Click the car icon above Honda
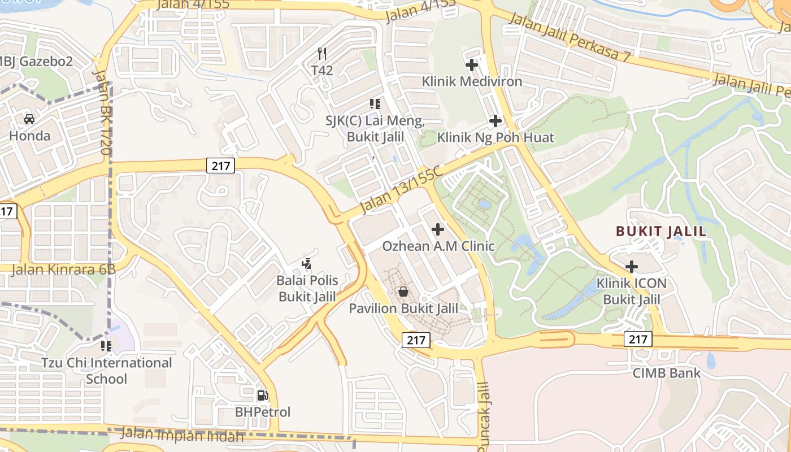click(29, 119)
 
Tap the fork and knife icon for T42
click(322, 54)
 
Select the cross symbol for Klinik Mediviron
click(472, 65)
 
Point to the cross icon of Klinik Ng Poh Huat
click(496, 120)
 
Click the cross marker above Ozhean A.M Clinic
click(438, 229)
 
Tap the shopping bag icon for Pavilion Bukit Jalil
click(403, 292)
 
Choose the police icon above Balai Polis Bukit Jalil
click(307, 263)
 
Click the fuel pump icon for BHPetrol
click(262, 395)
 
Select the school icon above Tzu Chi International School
click(106, 345)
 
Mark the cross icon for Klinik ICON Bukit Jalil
click(632, 266)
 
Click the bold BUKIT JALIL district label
click(660, 231)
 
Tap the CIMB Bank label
click(666, 373)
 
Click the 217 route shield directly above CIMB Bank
click(638, 339)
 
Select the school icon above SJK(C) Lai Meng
click(375, 104)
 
